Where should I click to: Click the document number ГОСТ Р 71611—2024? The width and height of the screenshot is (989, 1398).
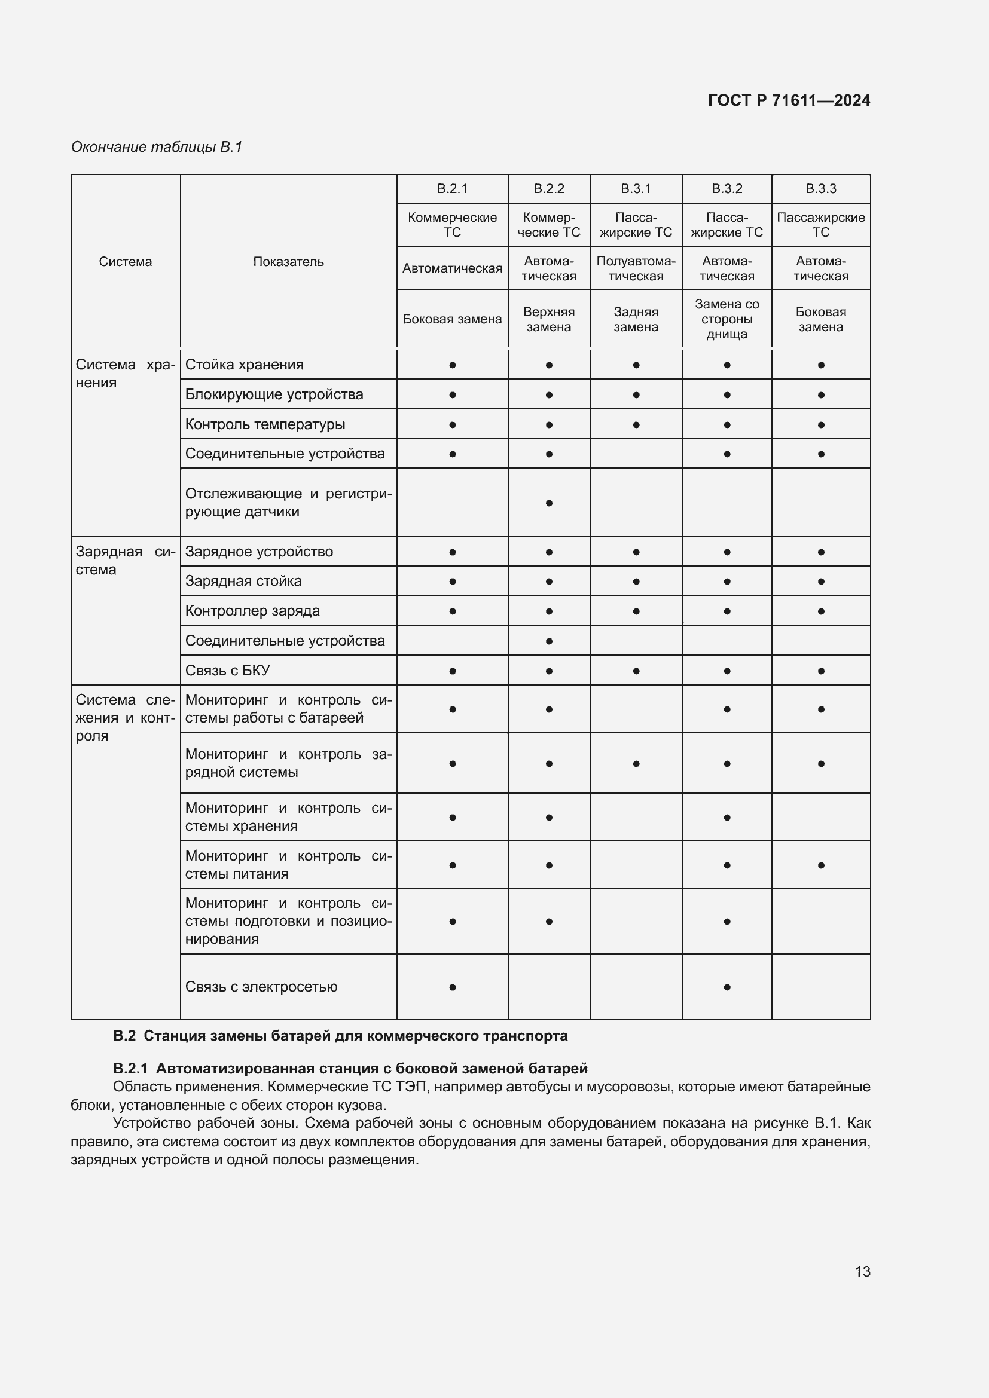click(x=789, y=100)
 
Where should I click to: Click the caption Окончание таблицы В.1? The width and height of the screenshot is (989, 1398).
click(x=157, y=147)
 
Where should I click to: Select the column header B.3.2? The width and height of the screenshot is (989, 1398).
click(x=727, y=189)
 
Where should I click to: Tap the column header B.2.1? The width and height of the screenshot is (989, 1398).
click(x=452, y=189)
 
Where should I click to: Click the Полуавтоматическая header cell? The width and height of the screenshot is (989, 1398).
click(x=635, y=268)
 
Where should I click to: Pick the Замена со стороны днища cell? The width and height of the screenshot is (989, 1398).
click(x=727, y=319)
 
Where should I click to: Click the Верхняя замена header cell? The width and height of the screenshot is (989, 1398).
click(x=548, y=319)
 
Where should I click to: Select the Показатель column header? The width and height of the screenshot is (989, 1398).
click(x=288, y=262)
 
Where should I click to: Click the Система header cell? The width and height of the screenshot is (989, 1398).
click(x=125, y=262)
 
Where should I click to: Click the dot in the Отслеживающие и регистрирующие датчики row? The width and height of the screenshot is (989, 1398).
click(x=549, y=503)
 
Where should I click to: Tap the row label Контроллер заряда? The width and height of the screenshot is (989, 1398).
click(x=252, y=611)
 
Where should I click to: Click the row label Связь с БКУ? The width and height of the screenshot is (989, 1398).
click(x=227, y=671)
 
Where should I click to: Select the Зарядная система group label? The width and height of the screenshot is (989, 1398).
click(x=125, y=560)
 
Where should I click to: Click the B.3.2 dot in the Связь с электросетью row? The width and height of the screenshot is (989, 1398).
click(x=727, y=987)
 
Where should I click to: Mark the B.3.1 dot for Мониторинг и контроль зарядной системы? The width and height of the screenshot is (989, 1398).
click(x=636, y=763)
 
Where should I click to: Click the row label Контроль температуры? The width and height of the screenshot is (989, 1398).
click(x=265, y=424)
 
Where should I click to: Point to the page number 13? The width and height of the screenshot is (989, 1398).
click(x=862, y=1271)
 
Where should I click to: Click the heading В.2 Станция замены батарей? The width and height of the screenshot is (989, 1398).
click(x=340, y=1036)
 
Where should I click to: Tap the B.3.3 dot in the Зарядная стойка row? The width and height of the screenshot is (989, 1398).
click(x=820, y=582)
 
